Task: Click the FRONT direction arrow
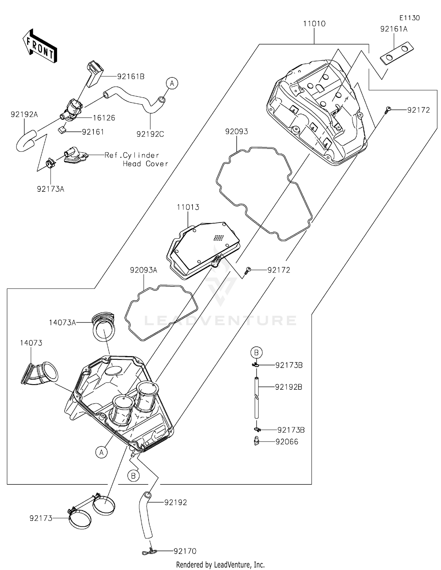pos(39,46)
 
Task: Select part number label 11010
pos(314,24)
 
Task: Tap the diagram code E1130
pos(410,18)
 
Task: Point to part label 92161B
pos(131,76)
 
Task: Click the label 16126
pos(104,118)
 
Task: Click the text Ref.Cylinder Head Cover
pos(136,159)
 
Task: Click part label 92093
pos(236,131)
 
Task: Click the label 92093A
pos(143,270)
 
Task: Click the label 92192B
pos(288,387)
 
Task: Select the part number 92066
pos(287,442)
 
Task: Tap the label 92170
pos(185,551)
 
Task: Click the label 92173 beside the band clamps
pos(41,518)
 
